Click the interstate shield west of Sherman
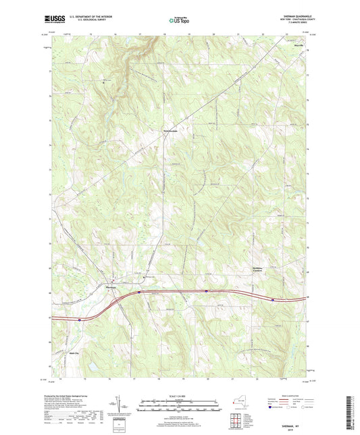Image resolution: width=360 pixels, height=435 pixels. click(79, 318)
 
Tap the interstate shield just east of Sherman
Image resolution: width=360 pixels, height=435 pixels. click(138, 292)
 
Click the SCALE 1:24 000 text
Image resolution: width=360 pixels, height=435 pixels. click(180, 396)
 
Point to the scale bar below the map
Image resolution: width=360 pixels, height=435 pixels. click(180, 407)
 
